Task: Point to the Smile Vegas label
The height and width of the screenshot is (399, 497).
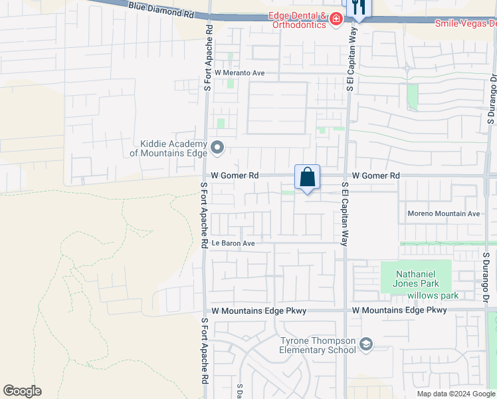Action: pos(465,23)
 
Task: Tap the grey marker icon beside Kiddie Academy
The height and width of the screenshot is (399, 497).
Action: pos(217,147)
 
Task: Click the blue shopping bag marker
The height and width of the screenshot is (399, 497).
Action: pos(307,178)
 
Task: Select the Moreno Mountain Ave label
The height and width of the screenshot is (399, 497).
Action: pos(443,214)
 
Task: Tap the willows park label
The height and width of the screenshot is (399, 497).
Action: pos(433,295)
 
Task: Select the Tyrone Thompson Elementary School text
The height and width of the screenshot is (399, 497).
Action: pos(318,345)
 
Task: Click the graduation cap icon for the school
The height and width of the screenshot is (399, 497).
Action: pos(365,344)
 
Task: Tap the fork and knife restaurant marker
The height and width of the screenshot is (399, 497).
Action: pos(358,8)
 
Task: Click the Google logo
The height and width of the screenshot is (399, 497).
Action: pos(22,391)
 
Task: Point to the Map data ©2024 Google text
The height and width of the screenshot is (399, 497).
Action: pos(454,394)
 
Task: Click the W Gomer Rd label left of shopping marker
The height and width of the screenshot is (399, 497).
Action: pos(235,176)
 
